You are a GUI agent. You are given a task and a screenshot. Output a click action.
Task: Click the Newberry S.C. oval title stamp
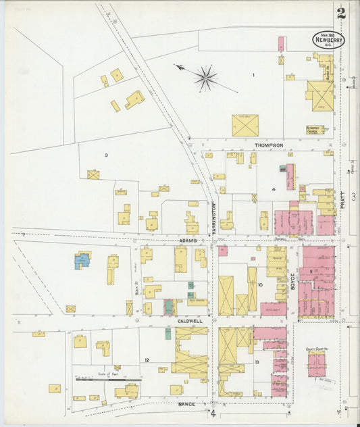[x=328, y=40]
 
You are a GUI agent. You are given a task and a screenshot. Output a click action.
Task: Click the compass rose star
[x=206, y=78]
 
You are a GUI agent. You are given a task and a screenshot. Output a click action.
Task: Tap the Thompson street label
[x=268, y=145]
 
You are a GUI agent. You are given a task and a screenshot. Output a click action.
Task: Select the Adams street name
[x=188, y=240]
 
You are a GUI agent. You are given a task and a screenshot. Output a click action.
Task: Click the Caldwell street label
[x=190, y=321]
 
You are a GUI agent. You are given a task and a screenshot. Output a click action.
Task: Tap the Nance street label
[x=186, y=403]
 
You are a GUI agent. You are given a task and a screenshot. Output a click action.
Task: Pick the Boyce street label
[x=293, y=281]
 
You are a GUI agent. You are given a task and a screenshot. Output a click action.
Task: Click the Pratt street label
[x=342, y=199]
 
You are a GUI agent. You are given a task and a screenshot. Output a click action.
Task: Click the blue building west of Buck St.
[x=82, y=261]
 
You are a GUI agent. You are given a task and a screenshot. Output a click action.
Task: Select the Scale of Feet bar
[x=103, y=380]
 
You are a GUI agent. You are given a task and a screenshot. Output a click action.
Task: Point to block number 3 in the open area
[x=106, y=155]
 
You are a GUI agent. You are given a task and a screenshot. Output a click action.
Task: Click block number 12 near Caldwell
[x=146, y=360]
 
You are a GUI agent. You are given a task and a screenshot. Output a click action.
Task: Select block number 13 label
[x=257, y=362]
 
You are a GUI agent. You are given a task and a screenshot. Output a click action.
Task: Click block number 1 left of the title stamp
[x=253, y=75]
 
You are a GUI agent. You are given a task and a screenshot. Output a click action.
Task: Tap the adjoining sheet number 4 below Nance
[x=212, y=413]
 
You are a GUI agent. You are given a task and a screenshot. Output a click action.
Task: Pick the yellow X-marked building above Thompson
[x=245, y=125]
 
